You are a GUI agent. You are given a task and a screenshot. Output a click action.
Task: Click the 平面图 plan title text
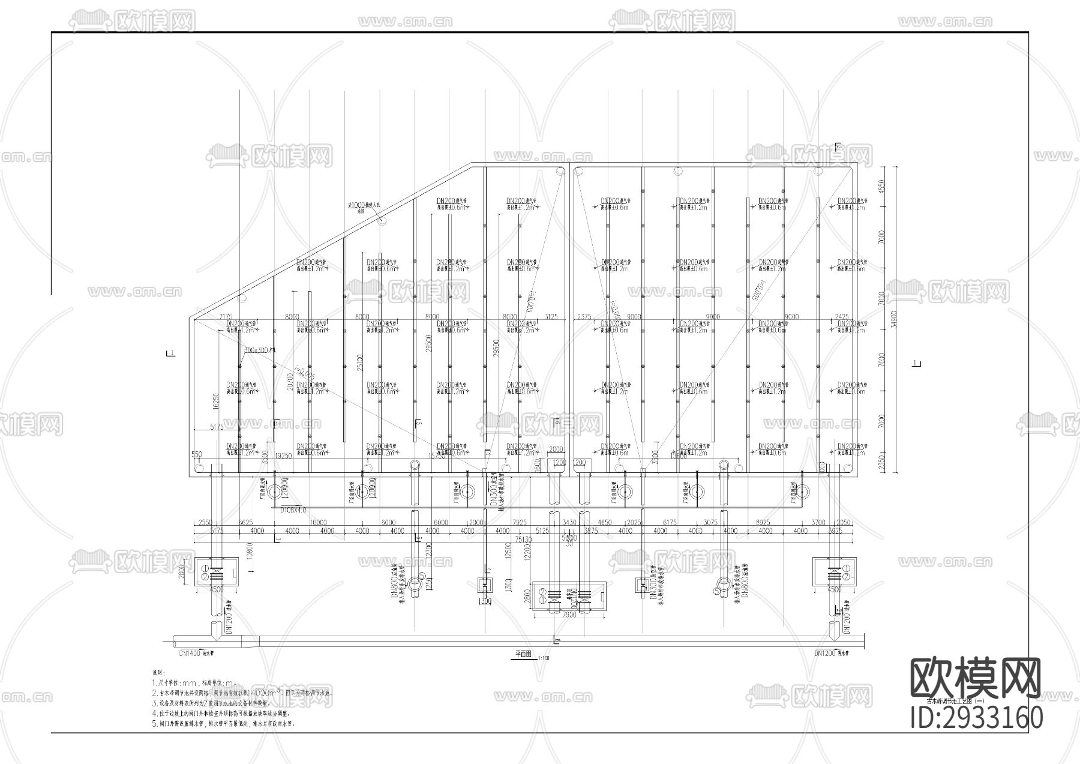(522, 654)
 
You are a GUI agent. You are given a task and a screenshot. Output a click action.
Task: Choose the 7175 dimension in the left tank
(226, 316)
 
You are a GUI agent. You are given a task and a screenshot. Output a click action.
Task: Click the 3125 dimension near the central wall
(550, 316)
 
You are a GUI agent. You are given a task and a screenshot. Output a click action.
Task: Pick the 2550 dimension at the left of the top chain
(205, 523)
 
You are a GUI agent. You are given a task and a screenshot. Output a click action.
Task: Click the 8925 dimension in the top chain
(763, 523)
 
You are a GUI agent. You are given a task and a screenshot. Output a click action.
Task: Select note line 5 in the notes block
(223, 724)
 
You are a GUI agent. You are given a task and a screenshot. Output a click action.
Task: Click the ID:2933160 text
(977, 718)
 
